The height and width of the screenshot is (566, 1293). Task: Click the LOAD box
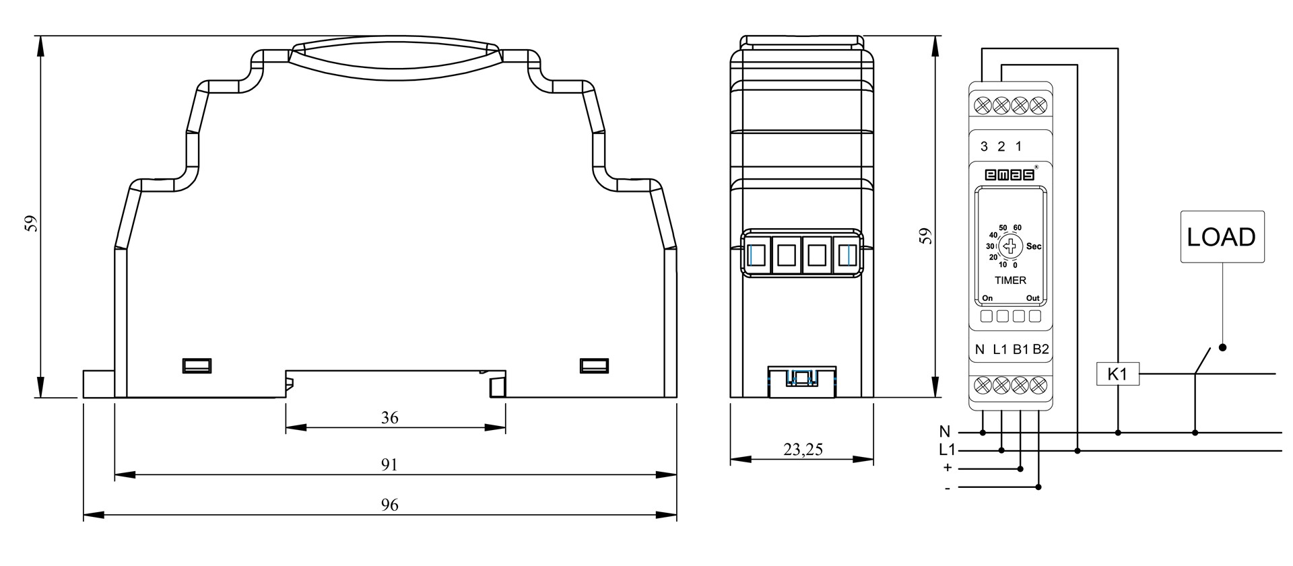(x=1222, y=237)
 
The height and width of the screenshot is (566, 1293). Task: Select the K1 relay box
(x=1117, y=374)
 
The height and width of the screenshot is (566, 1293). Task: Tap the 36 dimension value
(x=390, y=418)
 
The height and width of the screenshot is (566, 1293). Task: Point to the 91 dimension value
(x=390, y=465)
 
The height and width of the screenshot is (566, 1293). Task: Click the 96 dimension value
(x=390, y=505)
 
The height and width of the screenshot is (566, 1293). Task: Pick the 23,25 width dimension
(x=803, y=449)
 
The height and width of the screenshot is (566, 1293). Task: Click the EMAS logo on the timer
(x=1010, y=175)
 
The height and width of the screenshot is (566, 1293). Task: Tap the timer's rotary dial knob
(x=1010, y=247)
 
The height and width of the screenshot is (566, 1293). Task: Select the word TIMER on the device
(x=1010, y=280)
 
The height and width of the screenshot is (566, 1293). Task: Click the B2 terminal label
(x=1040, y=349)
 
